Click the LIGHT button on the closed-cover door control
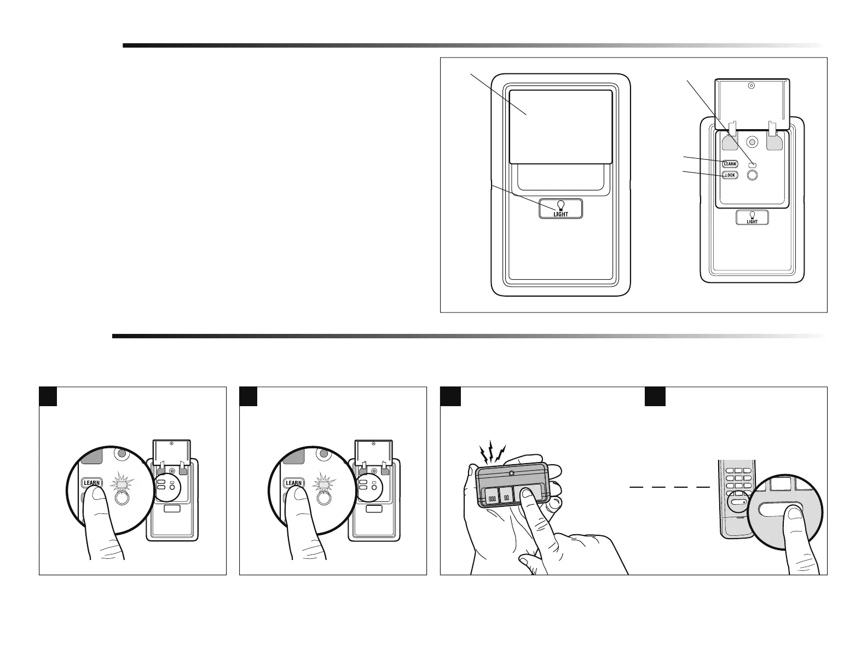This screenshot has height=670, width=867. point(560,209)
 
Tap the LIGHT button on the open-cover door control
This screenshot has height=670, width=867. point(752,217)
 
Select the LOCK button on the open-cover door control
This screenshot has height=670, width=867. point(730,175)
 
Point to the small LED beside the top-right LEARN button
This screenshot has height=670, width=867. point(752,164)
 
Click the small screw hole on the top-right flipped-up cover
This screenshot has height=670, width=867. point(751,86)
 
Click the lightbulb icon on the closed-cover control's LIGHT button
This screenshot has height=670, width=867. point(560,205)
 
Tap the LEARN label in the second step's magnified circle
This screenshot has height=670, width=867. point(294,483)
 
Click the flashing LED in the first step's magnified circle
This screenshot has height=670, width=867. point(120,484)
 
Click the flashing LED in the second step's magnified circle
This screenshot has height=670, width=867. point(322,484)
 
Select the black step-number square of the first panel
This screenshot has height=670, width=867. point(48,396)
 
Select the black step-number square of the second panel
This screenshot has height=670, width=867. point(248,396)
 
